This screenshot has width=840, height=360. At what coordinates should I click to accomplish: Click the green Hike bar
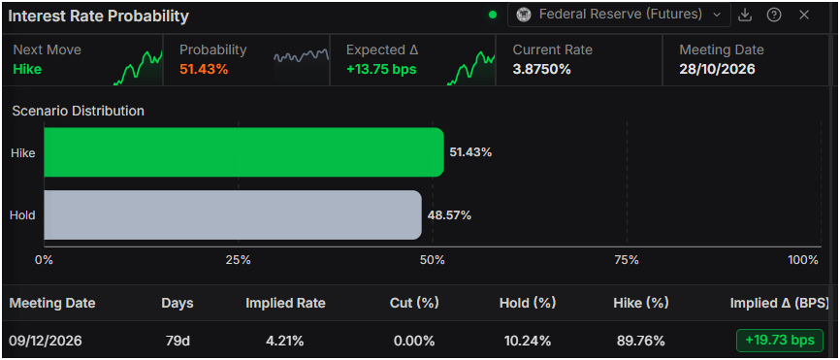point(243,152)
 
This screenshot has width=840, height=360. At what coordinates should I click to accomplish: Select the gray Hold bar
point(233,214)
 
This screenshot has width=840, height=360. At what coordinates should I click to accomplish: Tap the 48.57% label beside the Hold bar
point(449,215)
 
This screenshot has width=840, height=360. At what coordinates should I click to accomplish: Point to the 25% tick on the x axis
point(239,260)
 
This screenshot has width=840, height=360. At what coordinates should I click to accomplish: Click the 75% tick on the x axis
point(627,260)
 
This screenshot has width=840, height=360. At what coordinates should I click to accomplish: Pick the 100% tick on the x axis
point(803,260)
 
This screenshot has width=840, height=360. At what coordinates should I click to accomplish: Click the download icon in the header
point(745,15)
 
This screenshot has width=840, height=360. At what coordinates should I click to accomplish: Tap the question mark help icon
point(774,15)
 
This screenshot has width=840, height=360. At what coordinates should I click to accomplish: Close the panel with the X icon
point(803,15)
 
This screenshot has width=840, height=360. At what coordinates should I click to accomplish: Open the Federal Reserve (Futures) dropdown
point(619,15)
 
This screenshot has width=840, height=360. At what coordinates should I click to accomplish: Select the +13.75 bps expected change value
point(381,69)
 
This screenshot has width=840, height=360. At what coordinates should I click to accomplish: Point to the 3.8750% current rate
point(541,69)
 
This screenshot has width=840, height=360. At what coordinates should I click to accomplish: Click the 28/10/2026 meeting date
point(717,69)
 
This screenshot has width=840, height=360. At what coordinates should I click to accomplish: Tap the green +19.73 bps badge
point(780,341)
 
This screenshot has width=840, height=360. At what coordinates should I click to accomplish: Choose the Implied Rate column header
point(285,303)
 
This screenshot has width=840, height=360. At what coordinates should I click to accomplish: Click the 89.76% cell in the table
point(642,341)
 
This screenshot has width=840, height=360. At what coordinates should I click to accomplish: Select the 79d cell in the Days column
point(178,341)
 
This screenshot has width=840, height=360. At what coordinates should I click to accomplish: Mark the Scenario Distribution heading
point(79,111)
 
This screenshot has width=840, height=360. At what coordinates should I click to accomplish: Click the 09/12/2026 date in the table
point(46,341)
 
